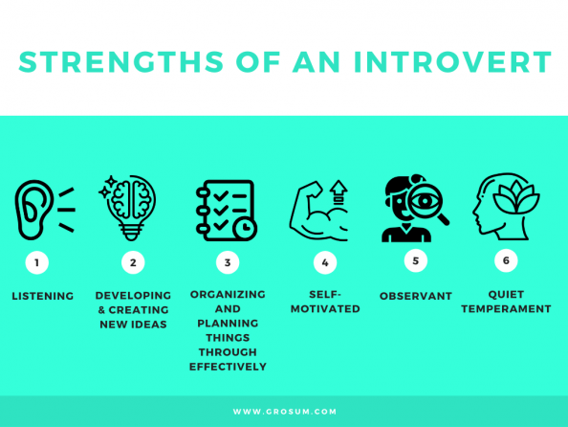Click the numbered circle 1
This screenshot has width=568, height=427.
[37, 262]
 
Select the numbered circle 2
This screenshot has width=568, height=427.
[133, 262]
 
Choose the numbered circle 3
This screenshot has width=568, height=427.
[228, 262]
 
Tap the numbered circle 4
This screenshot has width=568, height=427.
[325, 262]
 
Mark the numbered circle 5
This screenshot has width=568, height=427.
[415, 259]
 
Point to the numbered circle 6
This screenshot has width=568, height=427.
[506, 259]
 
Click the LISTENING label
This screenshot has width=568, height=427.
[42, 297]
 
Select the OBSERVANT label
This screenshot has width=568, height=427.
[416, 297]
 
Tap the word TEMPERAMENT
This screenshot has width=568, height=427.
[506, 309]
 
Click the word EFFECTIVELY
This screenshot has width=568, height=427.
[228, 367]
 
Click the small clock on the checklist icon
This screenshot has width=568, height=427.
[246, 228]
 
